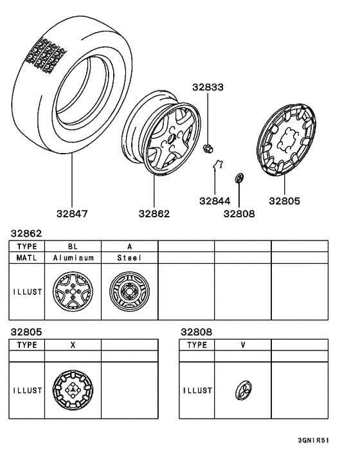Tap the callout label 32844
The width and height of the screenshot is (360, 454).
pos(214,201)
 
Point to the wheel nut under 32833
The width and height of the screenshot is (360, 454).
pos(208,150)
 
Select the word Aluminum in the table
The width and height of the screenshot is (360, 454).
pos(73,258)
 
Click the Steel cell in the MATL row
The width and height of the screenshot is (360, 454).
pos(129,258)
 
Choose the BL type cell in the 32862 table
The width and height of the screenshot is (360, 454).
pos(73,246)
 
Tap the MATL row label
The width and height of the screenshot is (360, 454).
pos(27,258)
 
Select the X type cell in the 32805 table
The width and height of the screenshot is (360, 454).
pos(73,345)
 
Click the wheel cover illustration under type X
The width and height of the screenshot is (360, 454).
pos(73,390)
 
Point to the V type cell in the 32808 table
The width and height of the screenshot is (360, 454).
pos(243,345)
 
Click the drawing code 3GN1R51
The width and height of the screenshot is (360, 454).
pos(314,442)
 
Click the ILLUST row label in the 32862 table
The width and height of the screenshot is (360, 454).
pos(27,291)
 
